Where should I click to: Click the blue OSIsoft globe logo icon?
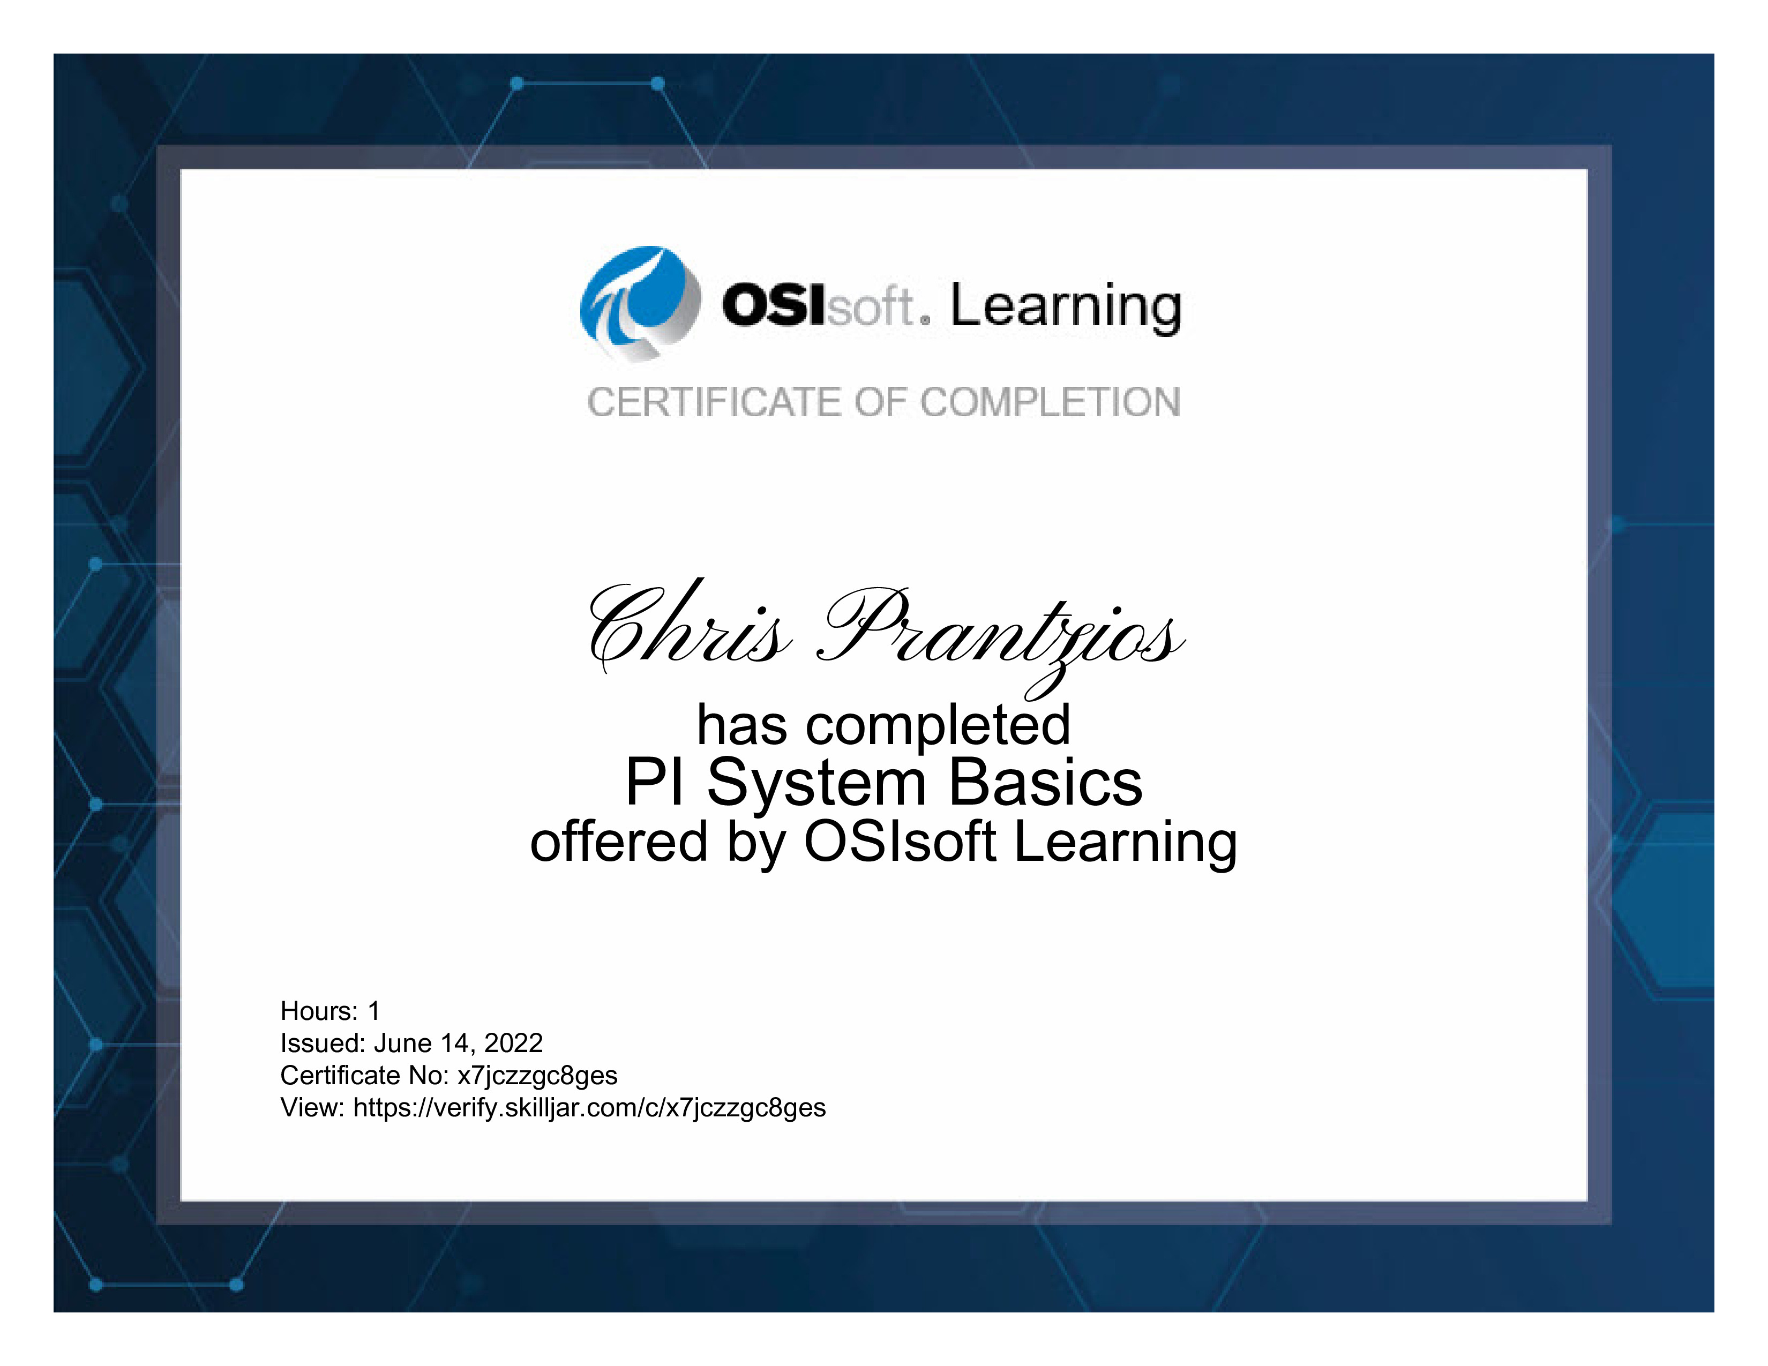(x=640, y=303)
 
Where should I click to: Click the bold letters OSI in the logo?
(x=774, y=306)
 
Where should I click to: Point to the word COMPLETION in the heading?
(x=1051, y=402)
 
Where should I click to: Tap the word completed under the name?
(x=938, y=726)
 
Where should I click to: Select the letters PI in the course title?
(x=654, y=783)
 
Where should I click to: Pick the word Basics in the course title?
(x=1045, y=783)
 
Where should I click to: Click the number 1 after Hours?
(x=373, y=1011)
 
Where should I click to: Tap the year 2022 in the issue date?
(x=513, y=1043)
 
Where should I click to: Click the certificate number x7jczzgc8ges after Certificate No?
(x=537, y=1076)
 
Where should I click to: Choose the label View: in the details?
(x=313, y=1108)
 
